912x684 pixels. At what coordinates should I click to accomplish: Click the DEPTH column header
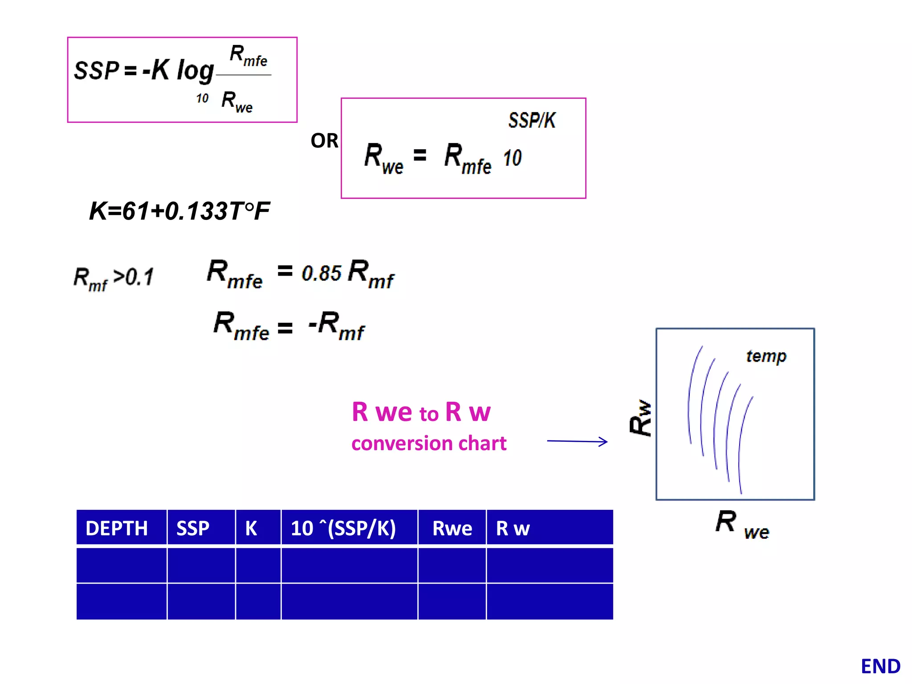[x=117, y=528]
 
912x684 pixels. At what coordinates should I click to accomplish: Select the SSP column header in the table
[x=193, y=528]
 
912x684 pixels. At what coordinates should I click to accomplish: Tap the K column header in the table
[x=251, y=528]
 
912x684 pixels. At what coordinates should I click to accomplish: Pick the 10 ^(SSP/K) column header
[x=343, y=528]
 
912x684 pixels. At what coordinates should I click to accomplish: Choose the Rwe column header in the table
[x=452, y=528]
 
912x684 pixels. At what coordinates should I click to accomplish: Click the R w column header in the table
[x=513, y=528]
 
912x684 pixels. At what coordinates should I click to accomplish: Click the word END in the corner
[x=880, y=666]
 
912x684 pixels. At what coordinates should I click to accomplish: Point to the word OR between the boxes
[x=324, y=141]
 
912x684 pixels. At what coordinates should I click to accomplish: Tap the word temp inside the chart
[x=766, y=356]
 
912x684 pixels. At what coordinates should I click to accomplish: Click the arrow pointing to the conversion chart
[x=577, y=441]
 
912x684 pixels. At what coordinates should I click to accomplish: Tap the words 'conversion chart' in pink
[x=429, y=444]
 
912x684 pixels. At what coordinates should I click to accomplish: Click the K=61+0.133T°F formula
[x=179, y=211]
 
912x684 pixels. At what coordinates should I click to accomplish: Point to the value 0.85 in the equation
[x=322, y=273]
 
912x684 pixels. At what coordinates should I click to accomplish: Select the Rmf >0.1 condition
[x=114, y=278]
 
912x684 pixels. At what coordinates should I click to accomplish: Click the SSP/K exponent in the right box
[x=532, y=120]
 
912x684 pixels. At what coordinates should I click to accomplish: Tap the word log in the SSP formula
[x=195, y=71]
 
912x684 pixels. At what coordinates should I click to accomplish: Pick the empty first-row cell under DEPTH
[x=122, y=565]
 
